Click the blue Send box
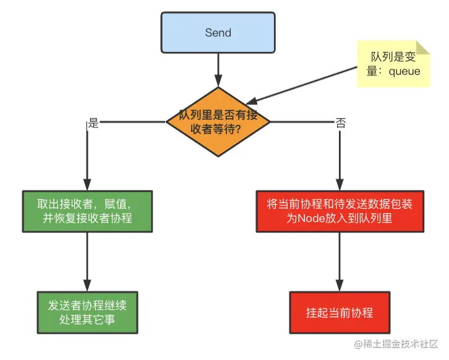(x=218, y=33)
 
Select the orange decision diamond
(x=218, y=121)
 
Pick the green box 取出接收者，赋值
(x=87, y=211)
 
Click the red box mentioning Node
(x=339, y=211)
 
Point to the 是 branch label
(x=94, y=122)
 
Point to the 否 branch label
(x=341, y=122)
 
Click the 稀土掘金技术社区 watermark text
(x=402, y=343)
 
